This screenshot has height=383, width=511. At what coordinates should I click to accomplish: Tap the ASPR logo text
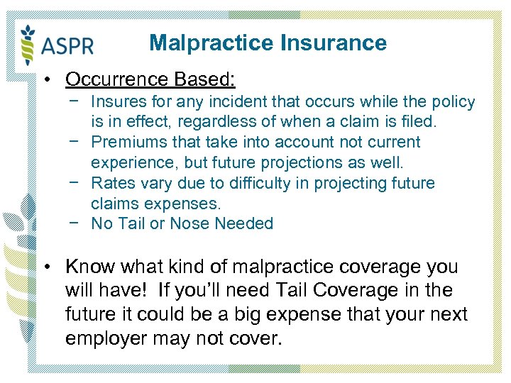[x=68, y=46]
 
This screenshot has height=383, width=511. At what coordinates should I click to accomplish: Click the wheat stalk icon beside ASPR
[x=28, y=44]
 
